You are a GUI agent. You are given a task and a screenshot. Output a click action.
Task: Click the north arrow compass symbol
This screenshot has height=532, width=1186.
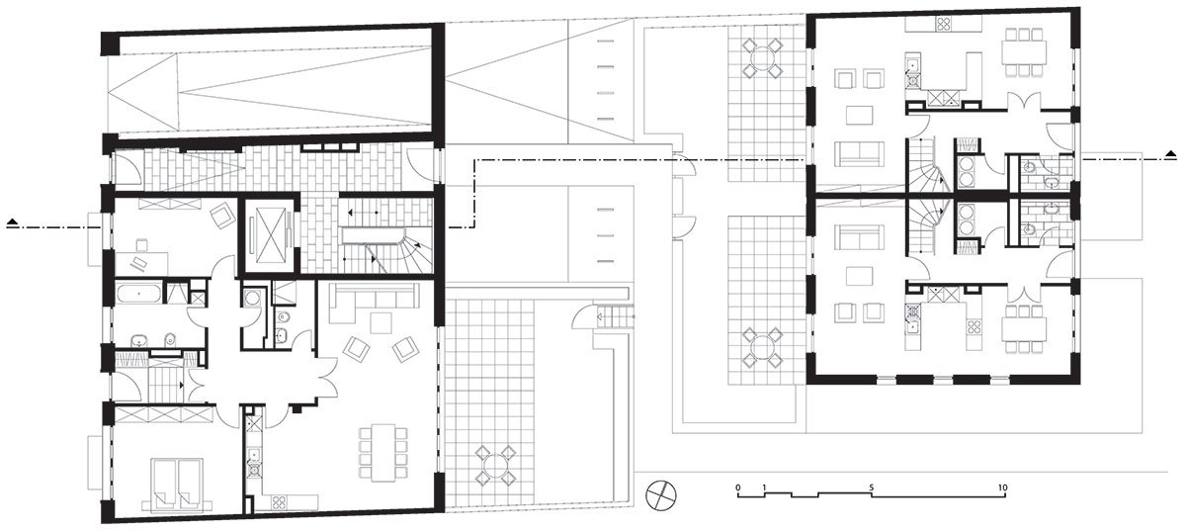tap(661, 496)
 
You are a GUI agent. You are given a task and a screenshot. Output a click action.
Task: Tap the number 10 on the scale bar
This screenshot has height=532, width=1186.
tap(1002, 488)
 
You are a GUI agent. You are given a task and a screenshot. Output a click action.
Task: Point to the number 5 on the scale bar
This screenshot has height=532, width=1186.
tap(871, 488)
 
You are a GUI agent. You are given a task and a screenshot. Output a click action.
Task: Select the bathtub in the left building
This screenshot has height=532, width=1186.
tap(138, 293)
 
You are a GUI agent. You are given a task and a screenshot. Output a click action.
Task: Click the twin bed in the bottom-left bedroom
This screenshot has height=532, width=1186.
tap(177, 484)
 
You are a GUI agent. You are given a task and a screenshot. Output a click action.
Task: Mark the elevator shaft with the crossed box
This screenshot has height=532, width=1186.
tap(270, 234)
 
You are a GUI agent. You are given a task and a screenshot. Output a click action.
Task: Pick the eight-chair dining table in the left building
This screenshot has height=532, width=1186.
tap(383, 452)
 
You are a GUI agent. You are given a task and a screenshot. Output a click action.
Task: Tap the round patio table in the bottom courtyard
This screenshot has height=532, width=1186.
tap(494, 467)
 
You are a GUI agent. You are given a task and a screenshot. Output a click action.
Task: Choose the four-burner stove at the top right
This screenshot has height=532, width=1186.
tap(943, 24)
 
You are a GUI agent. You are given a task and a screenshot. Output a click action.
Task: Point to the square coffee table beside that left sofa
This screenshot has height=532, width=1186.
tap(381, 322)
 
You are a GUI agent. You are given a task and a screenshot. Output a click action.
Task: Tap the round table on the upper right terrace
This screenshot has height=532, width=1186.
tap(761, 57)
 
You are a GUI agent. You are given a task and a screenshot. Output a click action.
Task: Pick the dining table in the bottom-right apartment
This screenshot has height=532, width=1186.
tap(1024, 328)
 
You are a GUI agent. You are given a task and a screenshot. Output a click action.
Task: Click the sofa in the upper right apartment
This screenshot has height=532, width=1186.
tap(859, 152)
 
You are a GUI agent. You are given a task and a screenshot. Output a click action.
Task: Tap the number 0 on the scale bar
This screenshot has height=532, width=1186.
tap(738, 488)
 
